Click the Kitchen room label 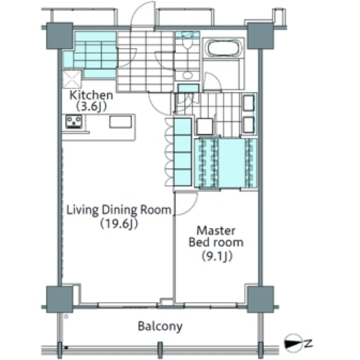91,95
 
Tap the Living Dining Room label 119,210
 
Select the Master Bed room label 216,236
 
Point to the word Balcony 160,327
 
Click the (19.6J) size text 119,224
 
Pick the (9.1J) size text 217,256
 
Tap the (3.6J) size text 91,107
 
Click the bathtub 224,48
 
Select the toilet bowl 187,42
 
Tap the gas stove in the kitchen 74,122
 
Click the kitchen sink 120,122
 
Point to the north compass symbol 294,343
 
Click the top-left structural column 60,36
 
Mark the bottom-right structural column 260,299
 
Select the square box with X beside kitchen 72,79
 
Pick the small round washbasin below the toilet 188,75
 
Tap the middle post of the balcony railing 160,350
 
